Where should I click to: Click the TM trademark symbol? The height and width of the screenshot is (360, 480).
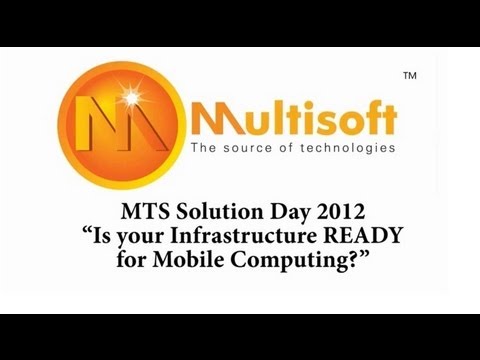(409, 76)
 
